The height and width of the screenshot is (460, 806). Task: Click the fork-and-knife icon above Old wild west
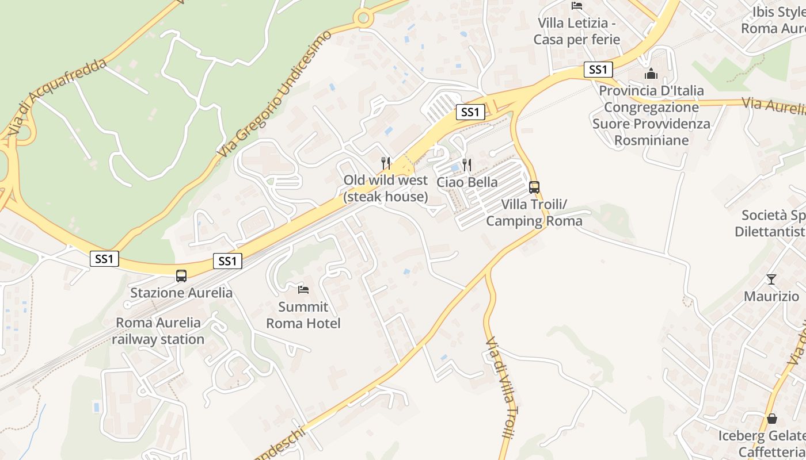click(386, 163)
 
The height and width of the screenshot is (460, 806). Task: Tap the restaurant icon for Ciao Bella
click(467, 166)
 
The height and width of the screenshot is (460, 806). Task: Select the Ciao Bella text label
click(467, 182)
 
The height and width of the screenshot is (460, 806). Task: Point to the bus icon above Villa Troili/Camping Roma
click(534, 187)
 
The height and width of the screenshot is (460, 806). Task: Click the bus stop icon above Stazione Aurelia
click(181, 275)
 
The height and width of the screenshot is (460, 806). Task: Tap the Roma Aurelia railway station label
click(158, 331)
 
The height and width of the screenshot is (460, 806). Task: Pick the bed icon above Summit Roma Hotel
click(303, 289)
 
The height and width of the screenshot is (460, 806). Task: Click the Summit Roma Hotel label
click(303, 315)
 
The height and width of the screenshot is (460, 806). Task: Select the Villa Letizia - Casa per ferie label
click(577, 31)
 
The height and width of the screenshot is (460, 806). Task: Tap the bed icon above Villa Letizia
click(577, 6)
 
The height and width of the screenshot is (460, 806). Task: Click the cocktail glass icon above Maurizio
click(771, 279)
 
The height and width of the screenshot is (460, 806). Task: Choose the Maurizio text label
click(771, 297)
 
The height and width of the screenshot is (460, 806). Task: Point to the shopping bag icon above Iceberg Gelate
click(771, 419)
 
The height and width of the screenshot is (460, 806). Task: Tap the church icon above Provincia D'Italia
click(651, 74)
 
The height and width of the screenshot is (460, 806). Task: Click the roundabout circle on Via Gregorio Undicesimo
click(363, 18)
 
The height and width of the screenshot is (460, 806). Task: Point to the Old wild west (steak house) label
click(386, 189)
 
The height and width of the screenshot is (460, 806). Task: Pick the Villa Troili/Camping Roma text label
click(534, 213)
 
